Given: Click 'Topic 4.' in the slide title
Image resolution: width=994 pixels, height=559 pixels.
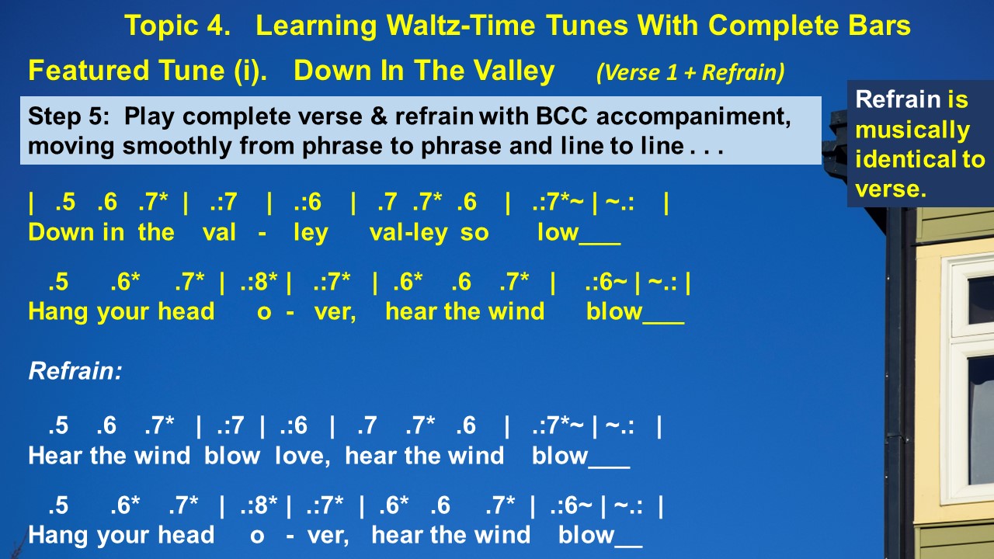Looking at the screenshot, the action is [178, 26].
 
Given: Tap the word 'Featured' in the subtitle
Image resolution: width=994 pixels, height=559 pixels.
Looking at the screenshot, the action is [89, 71].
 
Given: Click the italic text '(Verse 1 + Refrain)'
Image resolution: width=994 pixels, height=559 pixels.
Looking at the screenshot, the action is [690, 72].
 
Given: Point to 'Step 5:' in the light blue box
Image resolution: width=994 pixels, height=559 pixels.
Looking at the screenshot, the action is [69, 116].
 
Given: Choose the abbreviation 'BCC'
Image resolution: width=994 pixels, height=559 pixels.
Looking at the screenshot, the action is [561, 116].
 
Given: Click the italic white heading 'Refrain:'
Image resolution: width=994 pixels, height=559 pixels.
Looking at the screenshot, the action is [75, 371].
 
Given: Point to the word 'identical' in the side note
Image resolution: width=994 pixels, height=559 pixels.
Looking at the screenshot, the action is [906, 159].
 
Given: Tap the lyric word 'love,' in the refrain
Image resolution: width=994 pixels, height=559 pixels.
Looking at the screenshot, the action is [303, 457].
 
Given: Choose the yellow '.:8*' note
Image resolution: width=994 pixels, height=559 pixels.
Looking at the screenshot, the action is [259, 282].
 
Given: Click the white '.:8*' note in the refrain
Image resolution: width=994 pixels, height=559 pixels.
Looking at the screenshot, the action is [259, 505].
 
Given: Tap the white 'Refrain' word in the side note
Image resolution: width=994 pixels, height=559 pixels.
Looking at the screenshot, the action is [898, 99].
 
